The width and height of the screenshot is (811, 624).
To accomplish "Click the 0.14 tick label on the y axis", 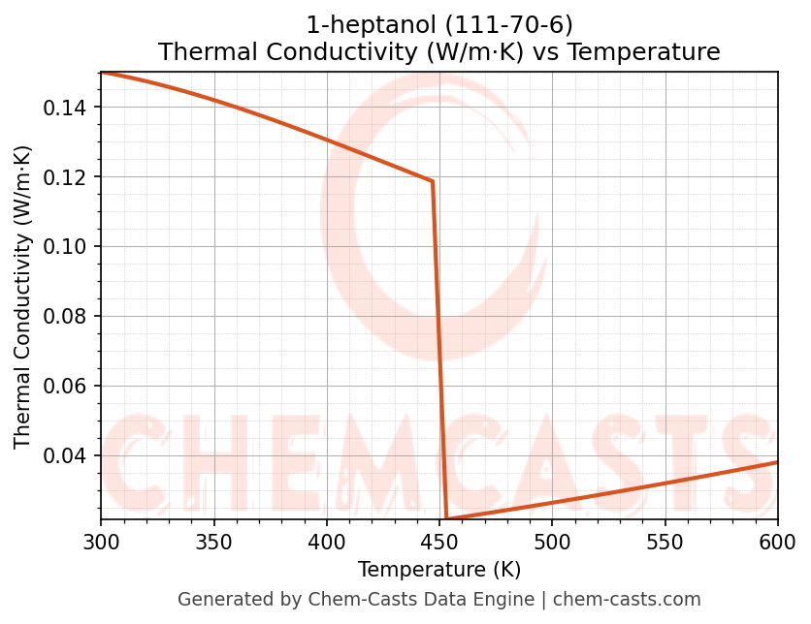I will pyautogui.click(x=65, y=108).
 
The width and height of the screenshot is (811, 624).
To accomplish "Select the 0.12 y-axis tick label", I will pyautogui.click(x=65, y=177).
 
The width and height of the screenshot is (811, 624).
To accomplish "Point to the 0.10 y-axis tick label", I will pyautogui.click(x=65, y=247).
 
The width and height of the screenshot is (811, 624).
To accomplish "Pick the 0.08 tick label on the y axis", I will pyautogui.click(x=65, y=317).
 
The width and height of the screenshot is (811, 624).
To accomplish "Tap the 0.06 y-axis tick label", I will pyautogui.click(x=65, y=387).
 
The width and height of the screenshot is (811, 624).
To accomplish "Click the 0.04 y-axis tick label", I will pyautogui.click(x=65, y=456).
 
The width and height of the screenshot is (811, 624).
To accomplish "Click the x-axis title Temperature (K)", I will pyautogui.click(x=438, y=569).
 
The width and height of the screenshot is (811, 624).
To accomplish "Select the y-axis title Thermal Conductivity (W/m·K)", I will pyautogui.click(x=23, y=296).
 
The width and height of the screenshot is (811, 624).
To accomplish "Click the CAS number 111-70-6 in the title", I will pyautogui.click(x=501, y=24).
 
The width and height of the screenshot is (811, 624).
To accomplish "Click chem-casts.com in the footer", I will pyautogui.click(x=627, y=600).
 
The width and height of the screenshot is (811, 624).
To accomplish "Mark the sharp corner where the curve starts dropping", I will pyautogui.click(x=432, y=181).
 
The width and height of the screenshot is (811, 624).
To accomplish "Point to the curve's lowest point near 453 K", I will pyautogui.click(x=446, y=519).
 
